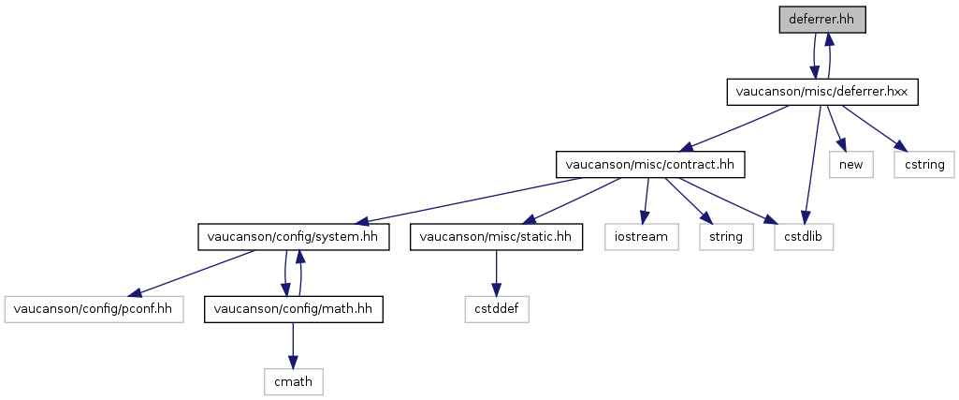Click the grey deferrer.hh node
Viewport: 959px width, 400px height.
click(x=822, y=20)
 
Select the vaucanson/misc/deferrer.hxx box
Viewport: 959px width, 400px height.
click(x=822, y=92)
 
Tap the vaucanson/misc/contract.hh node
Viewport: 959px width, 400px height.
click(x=649, y=164)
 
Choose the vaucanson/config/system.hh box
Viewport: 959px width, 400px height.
click(x=294, y=237)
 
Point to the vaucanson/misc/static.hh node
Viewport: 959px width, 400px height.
click(x=496, y=237)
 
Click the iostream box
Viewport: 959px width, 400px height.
click(x=642, y=237)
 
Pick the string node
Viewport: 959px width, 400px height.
click(x=727, y=237)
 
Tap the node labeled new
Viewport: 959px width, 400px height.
click(x=851, y=164)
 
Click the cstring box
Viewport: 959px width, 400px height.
click(x=923, y=164)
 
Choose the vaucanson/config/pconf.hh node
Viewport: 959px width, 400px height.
click(x=94, y=309)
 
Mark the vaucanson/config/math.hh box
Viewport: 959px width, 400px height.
click(x=294, y=309)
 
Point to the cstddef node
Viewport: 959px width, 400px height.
click(x=496, y=309)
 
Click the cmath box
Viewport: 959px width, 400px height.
click(x=294, y=381)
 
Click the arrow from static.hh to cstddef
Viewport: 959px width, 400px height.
click(x=496, y=274)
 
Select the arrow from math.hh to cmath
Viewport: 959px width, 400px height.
click(x=294, y=346)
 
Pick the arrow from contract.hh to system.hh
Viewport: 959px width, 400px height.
click(x=470, y=200)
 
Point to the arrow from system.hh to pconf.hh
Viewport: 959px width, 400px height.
click(x=194, y=274)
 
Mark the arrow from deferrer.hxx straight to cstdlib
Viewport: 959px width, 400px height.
click(x=814, y=165)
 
